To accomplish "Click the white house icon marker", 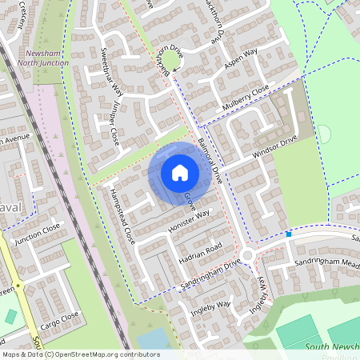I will pyautogui.click(x=180, y=172).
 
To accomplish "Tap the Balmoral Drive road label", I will pyautogui.click(x=210, y=145).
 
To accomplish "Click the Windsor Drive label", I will pyautogui.click(x=274, y=146).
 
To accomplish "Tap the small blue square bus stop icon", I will pyautogui.click(x=289, y=234).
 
